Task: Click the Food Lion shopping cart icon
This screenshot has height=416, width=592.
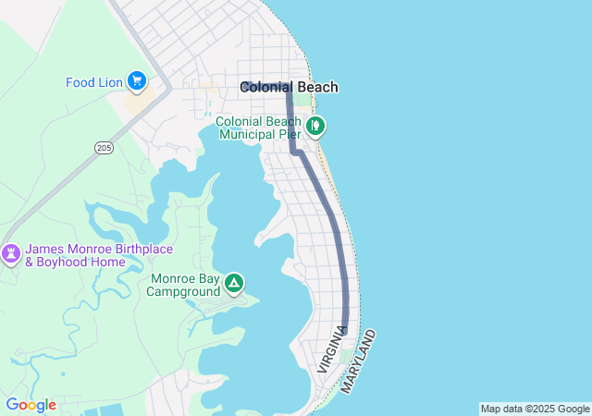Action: [137, 81]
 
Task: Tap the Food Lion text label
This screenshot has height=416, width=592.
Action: [94, 82]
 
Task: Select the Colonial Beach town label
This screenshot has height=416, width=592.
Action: [289, 88]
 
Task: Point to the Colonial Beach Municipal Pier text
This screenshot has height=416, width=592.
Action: [260, 128]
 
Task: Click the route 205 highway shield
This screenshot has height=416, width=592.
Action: [104, 147]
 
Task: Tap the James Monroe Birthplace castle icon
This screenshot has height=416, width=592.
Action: [11, 252]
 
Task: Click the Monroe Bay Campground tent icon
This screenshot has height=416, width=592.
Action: [234, 282]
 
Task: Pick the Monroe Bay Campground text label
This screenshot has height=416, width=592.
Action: [186, 285]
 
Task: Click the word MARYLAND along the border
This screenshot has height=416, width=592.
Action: [359, 361]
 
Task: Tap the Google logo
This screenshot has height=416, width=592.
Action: [31, 405]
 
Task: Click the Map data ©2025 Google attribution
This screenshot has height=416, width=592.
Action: [535, 409]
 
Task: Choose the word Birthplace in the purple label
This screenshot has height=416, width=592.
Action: [125, 249]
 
